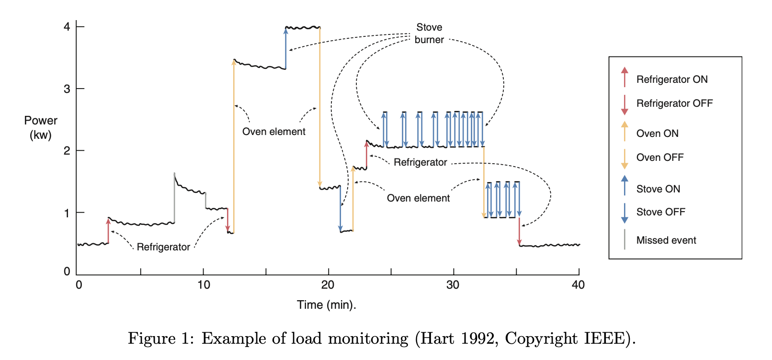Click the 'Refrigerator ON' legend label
(x=671, y=79)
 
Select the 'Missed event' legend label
(x=666, y=240)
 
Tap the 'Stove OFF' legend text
(x=660, y=212)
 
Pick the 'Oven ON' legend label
(x=657, y=134)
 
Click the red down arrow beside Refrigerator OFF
(x=624, y=105)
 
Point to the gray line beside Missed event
(x=624, y=239)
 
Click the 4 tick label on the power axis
(x=67, y=27)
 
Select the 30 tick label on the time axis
(x=453, y=285)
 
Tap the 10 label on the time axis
(x=204, y=285)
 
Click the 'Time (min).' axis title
(x=326, y=305)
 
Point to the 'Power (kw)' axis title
(x=41, y=128)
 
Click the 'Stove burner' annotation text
(x=429, y=34)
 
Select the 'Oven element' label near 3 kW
(x=273, y=132)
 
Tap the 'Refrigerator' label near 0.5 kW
(x=163, y=247)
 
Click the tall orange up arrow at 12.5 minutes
(x=234, y=144)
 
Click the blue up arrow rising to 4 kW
(x=286, y=48)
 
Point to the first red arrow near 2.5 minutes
(x=108, y=231)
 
